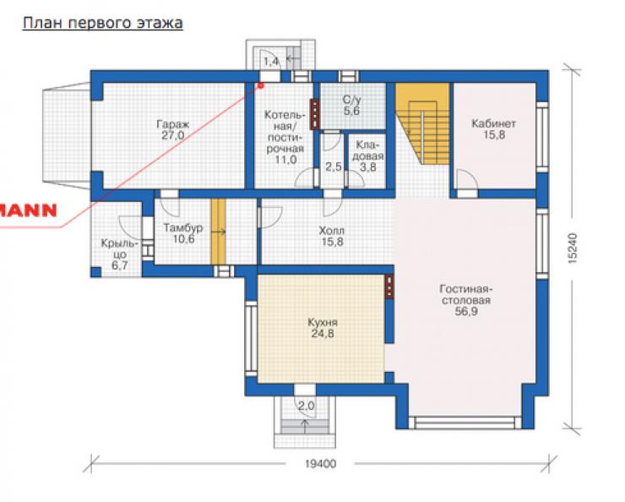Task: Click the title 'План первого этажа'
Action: point(103,24)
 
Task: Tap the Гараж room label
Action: point(172,124)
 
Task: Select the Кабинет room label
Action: point(493,123)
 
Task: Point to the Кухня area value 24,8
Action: point(323,334)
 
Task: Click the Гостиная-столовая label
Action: point(466,294)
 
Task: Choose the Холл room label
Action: point(331,231)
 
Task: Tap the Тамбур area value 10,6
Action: point(184,239)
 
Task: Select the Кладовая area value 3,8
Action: point(368,167)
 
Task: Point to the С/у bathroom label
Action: point(351,99)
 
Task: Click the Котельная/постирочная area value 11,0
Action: point(285,160)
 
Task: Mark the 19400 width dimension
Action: point(320,464)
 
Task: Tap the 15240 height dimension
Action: point(572,248)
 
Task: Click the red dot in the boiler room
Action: point(261,85)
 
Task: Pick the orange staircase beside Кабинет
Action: point(422,123)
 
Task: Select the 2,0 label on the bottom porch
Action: point(306,407)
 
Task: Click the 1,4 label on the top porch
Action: point(271,62)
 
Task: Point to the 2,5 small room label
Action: point(334,166)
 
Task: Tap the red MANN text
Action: point(29,210)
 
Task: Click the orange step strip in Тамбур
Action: point(218,232)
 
